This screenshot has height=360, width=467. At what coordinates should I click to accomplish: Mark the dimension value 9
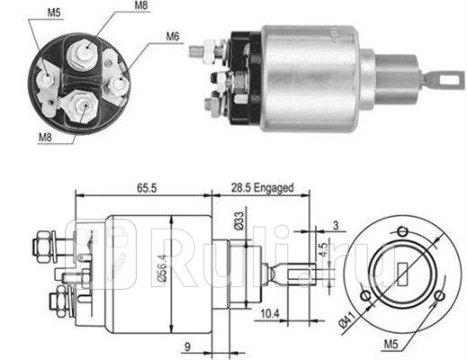coord(188,343)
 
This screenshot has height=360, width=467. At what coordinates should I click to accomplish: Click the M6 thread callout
coord(173,37)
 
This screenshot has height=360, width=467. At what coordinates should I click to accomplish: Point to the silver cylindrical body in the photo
coord(315,76)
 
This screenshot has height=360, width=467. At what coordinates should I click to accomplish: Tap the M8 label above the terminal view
coord(141,7)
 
